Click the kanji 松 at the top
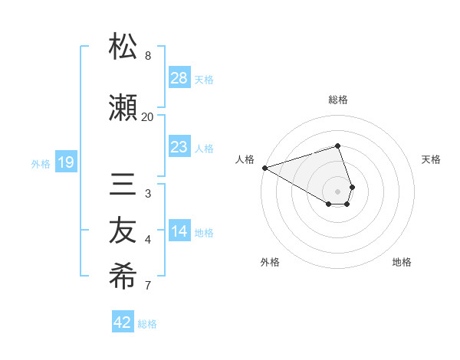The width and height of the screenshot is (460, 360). point(123,47)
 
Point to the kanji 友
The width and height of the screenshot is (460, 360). point(123,231)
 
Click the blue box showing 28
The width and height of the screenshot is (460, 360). point(179,77)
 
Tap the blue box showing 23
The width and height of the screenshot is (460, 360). point(179,147)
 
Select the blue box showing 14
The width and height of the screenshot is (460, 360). point(179,231)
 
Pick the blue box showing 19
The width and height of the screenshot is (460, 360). point(66,162)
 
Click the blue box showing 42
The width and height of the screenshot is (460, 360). point(123,322)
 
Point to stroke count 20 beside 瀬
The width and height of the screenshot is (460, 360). point(147,116)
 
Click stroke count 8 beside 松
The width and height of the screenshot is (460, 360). point(148,56)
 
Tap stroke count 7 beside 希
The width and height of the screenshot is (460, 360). point(148,286)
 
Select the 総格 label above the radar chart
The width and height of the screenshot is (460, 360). point(337,100)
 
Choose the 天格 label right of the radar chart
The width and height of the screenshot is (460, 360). point(431,159)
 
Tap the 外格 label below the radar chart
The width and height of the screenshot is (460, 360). point(270,262)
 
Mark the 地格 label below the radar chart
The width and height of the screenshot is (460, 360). point(402,262)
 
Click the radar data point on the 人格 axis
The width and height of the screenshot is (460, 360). point(264,167)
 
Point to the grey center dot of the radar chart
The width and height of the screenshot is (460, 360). point(337,190)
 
